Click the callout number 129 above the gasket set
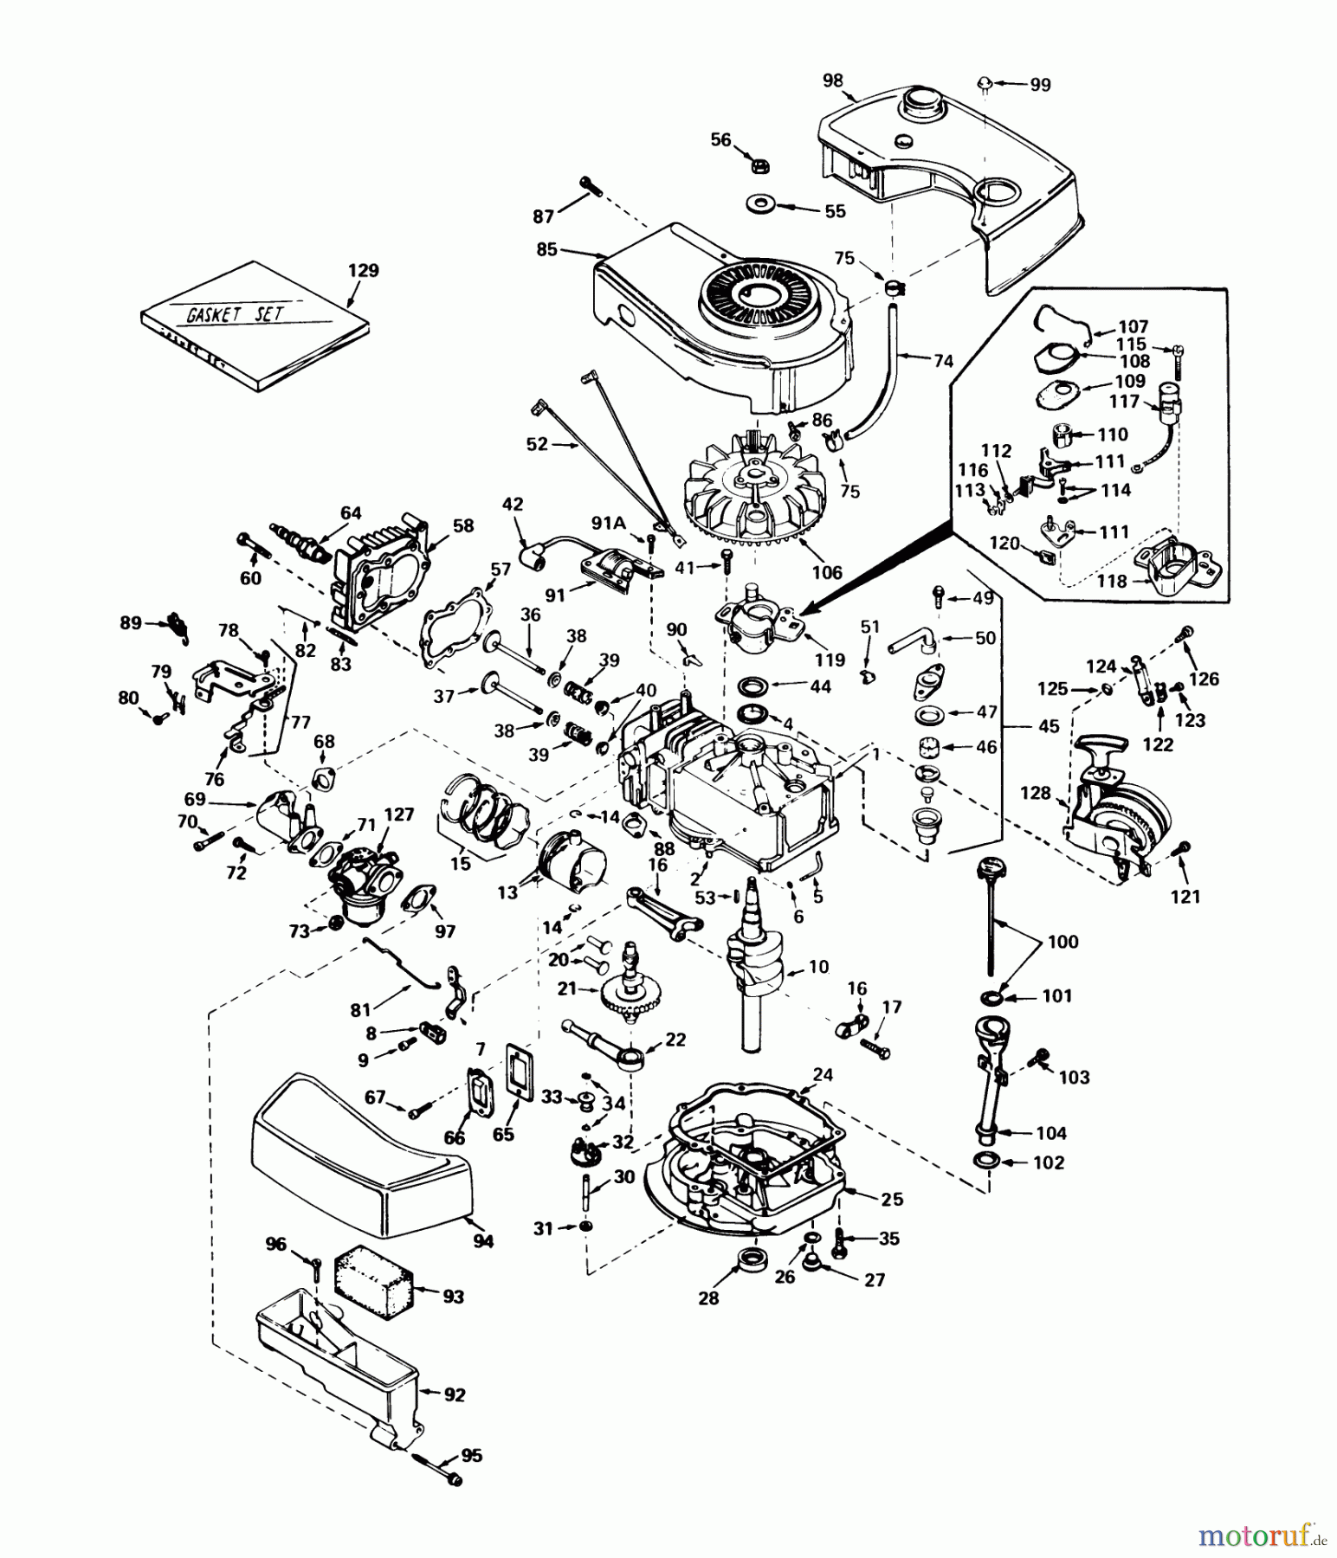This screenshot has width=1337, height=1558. pyautogui.click(x=363, y=271)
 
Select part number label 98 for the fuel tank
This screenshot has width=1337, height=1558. pyautogui.click(x=832, y=80)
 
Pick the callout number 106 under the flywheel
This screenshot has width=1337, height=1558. pyautogui.click(x=827, y=572)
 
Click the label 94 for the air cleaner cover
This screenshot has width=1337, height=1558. pyautogui.click(x=483, y=1242)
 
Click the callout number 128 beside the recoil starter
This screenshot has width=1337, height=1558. pyautogui.click(x=1035, y=793)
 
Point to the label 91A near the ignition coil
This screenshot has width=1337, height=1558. pyautogui.click(x=608, y=522)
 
